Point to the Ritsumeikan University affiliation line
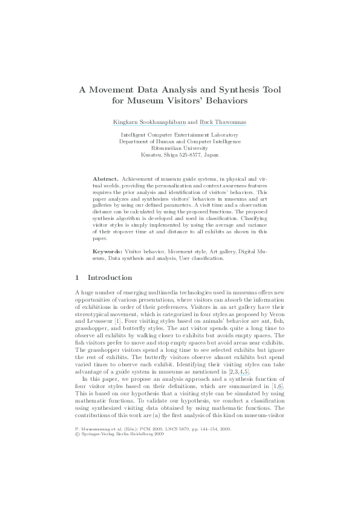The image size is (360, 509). [x=180, y=148]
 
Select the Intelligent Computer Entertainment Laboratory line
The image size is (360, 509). [x=180, y=135]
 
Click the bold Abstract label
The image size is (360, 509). [x=105, y=180]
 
